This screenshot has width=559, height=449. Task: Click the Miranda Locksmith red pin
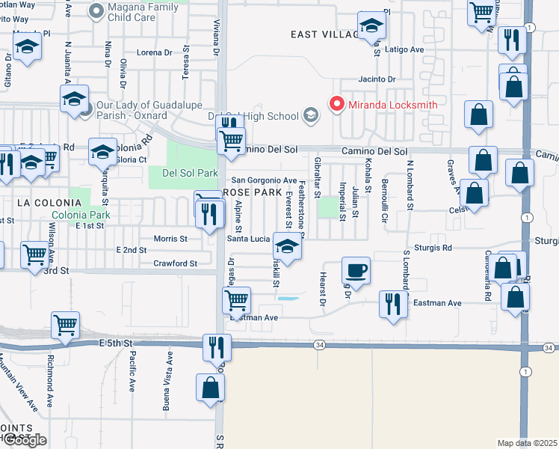click(336, 104)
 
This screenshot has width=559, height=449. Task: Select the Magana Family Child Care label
click(146, 10)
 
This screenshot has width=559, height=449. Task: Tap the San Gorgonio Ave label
click(264, 180)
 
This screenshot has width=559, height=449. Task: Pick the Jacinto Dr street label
click(376, 79)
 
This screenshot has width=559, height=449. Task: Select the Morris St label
click(170, 239)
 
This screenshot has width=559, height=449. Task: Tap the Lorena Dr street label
click(155, 52)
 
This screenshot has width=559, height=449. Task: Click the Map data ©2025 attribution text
click(528, 443)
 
